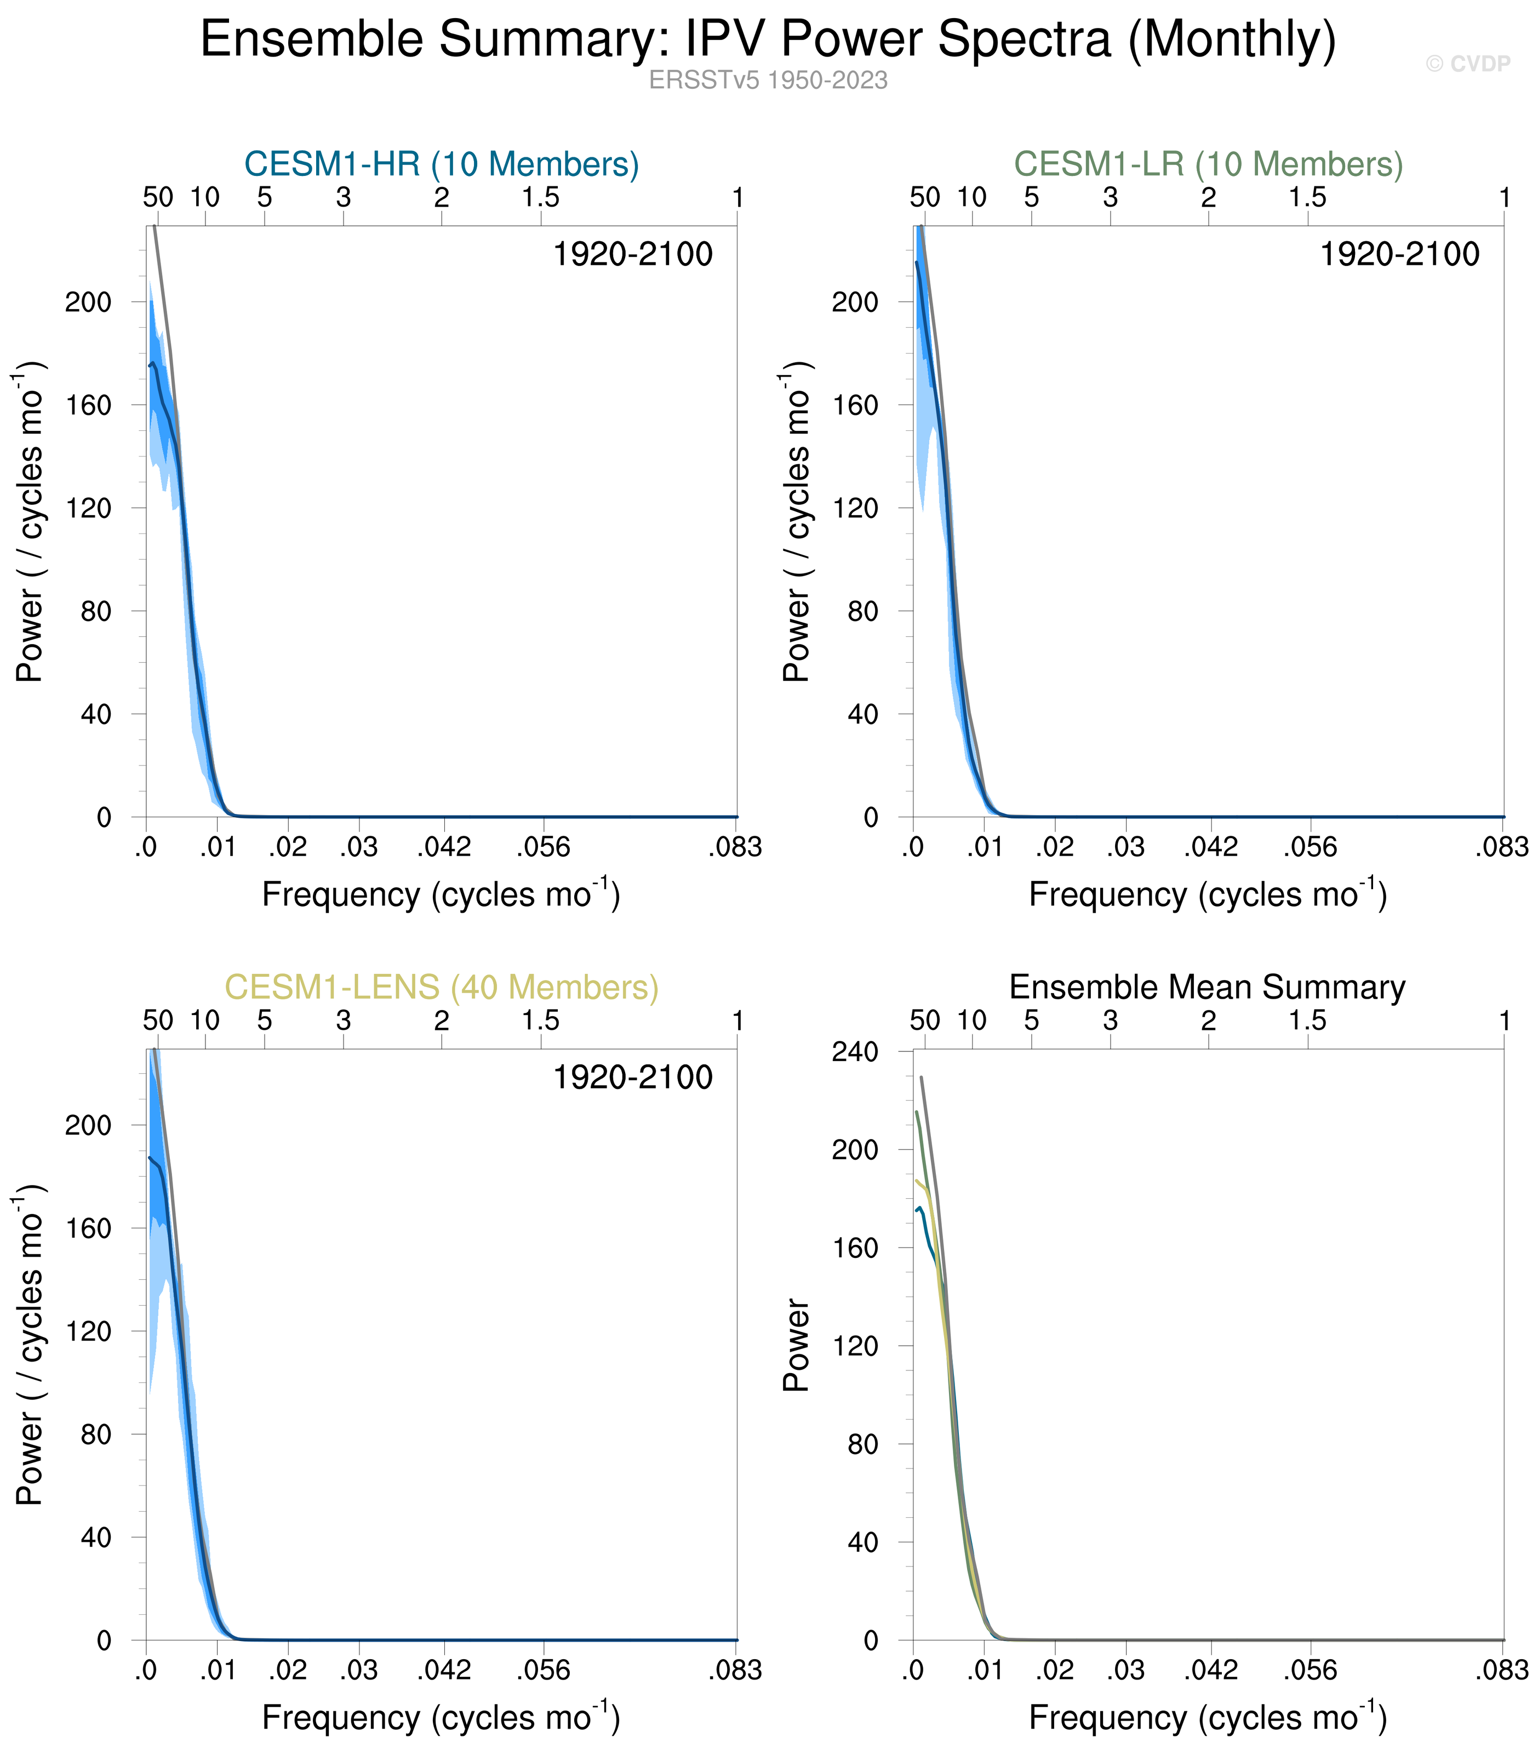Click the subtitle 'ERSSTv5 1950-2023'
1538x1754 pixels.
(x=768, y=81)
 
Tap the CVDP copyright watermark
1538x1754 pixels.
(x=1468, y=64)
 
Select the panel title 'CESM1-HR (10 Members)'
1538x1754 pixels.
(x=442, y=164)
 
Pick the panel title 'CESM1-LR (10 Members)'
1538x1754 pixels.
(x=1208, y=164)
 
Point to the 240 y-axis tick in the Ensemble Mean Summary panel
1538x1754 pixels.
(x=855, y=1051)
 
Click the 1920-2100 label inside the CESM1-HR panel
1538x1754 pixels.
(x=632, y=255)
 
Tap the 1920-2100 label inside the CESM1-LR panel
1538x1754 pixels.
(x=1399, y=255)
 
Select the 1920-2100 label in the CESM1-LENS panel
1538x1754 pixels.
(x=632, y=1078)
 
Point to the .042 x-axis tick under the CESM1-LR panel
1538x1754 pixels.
(x=1211, y=848)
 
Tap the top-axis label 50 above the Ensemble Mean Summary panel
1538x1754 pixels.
(x=925, y=1021)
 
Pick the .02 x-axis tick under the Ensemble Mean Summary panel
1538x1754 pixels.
(x=1054, y=1671)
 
